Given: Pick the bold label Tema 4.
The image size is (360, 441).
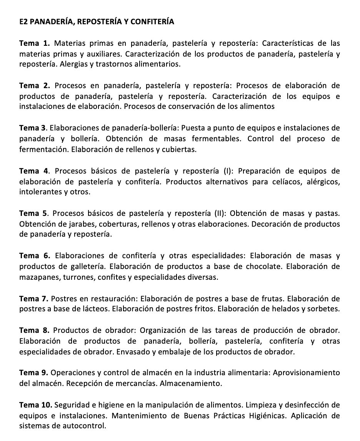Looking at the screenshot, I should [35, 170].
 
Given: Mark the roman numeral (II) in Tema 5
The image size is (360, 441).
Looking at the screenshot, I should [221, 213].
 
